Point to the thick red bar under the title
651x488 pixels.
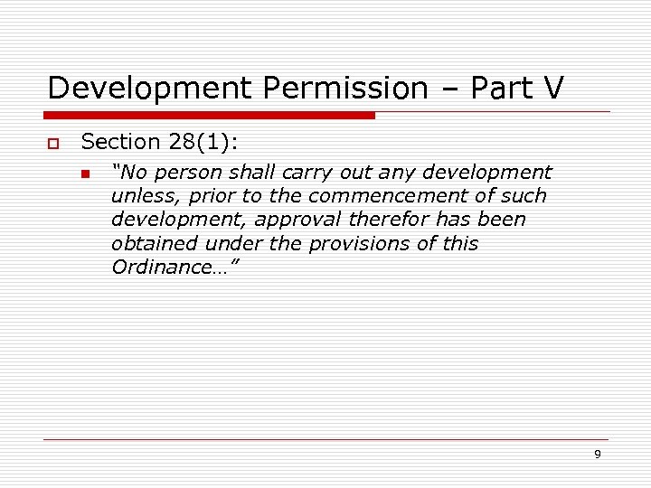211,116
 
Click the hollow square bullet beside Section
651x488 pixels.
54,144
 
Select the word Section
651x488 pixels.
120,142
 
